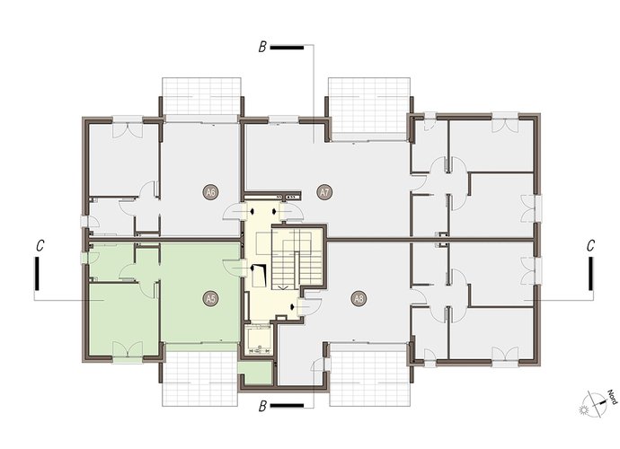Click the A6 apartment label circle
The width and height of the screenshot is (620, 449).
point(211,193)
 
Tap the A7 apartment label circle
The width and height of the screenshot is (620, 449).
point(324,193)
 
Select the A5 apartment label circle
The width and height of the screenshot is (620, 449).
point(211,299)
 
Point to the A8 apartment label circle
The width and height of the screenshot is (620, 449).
point(359,299)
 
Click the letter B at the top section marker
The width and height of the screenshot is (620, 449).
point(262,48)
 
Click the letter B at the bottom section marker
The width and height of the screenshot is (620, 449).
point(262,406)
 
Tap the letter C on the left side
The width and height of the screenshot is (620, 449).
point(40,245)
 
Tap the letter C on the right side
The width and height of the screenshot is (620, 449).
point(590,245)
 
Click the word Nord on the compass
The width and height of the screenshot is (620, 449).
point(612,397)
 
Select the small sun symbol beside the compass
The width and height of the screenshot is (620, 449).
point(584,410)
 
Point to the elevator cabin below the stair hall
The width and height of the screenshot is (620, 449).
point(258,339)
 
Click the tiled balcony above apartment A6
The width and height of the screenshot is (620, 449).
point(201,96)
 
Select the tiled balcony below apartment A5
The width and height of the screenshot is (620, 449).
point(200,378)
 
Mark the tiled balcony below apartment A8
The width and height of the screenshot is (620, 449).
point(369,374)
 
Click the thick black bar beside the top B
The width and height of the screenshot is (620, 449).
point(287,48)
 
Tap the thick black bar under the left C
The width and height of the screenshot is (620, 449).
point(37,273)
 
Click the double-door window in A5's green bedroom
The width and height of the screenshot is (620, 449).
point(128,350)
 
